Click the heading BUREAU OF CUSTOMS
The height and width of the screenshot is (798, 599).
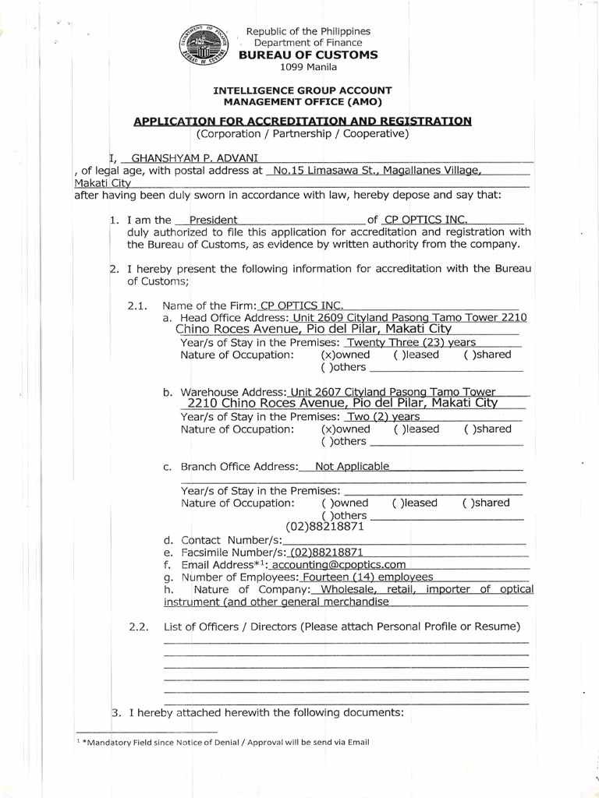pyautogui.click(x=308, y=55)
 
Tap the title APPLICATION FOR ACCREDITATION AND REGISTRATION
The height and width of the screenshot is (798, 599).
pyautogui.click(x=303, y=121)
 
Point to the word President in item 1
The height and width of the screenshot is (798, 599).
pyautogui.click(x=213, y=220)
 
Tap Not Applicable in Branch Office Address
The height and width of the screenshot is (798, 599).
pyautogui.click(x=352, y=466)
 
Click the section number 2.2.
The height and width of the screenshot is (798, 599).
pyautogui.click(x=137, y=627)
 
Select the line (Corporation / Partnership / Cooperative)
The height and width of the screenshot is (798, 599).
pyautogui.click(x=303, y=133)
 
